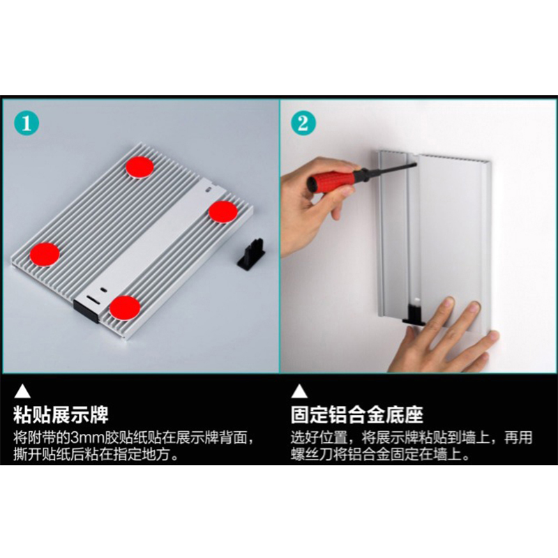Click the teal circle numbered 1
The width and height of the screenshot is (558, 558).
click(x=27, y=123)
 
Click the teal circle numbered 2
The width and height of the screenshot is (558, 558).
click(x=303, y=123)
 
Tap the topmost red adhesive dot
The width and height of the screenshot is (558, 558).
click(x=140, y=167)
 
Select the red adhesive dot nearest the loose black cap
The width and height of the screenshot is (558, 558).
click(x=223, y=212)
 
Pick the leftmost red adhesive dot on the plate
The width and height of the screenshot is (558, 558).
click(x=45, y=254)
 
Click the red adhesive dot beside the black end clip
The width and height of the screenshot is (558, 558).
click(x=125, y=308)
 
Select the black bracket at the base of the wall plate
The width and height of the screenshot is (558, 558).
click(x=414, y=314)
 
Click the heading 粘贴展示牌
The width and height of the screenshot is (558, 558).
click(x=61, y=415)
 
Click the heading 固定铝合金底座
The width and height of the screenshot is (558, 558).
click(x=357, y=415)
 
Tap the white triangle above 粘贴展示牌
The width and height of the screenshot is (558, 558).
click(x=22, y=391)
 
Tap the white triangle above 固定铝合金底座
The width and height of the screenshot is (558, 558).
click(x=299, y=391)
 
